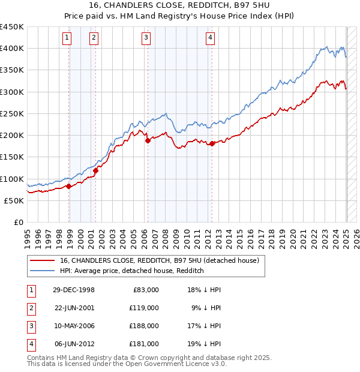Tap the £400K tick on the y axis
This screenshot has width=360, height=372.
click(x=12, y=49)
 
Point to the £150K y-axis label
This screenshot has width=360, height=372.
click(x=12, y=157)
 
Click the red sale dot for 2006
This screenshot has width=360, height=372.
click(x=148, y=140)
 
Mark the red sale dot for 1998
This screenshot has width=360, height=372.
click(x=69, y=186)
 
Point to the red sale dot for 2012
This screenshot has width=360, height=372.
click(x=212, y=143)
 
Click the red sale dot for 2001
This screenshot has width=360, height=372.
click(x=95, y=170)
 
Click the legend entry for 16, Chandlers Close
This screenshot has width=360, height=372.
click(x=159, y=260)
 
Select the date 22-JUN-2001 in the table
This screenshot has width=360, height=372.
click(x=74, y=307)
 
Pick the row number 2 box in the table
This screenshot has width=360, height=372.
click(x=30, y=307)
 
